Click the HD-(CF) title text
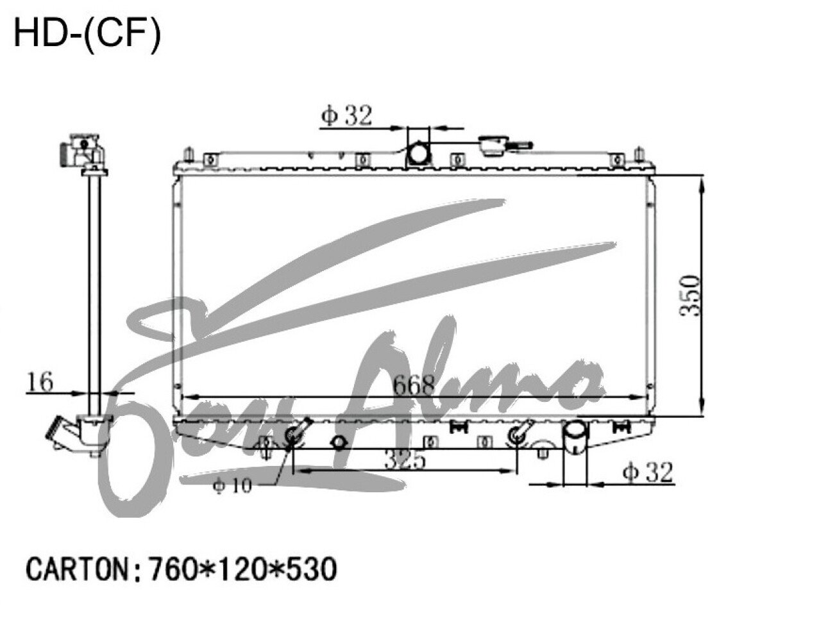(87, 33)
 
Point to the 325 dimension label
(405, 460)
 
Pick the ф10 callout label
(233, 487)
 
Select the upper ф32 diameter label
(346, 115)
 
